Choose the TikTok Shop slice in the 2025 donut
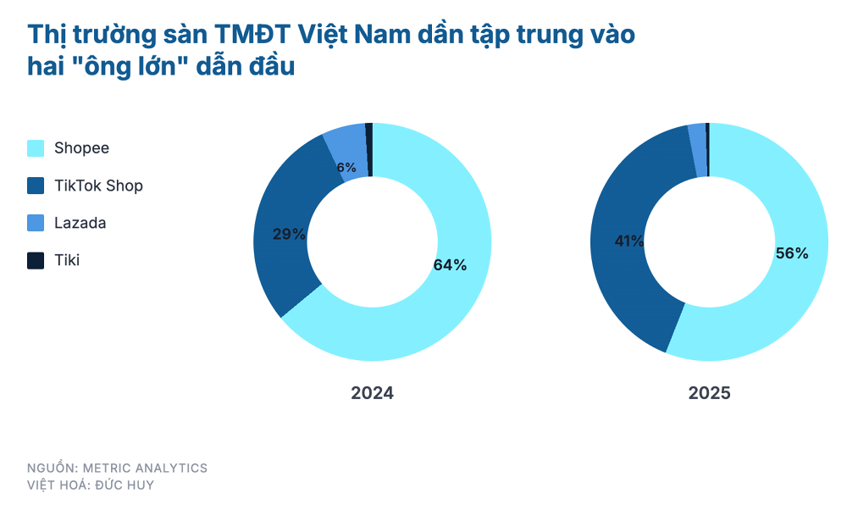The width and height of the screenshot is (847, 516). (x=623, y=280)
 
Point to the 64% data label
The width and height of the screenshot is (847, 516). (x=450, y=264)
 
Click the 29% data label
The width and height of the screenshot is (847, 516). (x=289, y=234)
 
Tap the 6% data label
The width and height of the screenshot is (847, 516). (x=346, y=168)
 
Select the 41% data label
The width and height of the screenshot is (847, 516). (x=629, y=241)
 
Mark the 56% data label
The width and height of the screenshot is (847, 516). (x=792, y=253)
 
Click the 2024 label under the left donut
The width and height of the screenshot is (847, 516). (x=373, y=393)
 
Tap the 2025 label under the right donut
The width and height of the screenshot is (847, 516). (x=709, y=393)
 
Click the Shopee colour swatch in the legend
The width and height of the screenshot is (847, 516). (x=36, y=148)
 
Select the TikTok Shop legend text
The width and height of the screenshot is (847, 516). (x=98, y=186)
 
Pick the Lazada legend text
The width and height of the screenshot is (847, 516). (x=80, y=223)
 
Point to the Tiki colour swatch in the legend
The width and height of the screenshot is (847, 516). (x=36, y=260)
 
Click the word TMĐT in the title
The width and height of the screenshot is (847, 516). (x=255, y=35)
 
